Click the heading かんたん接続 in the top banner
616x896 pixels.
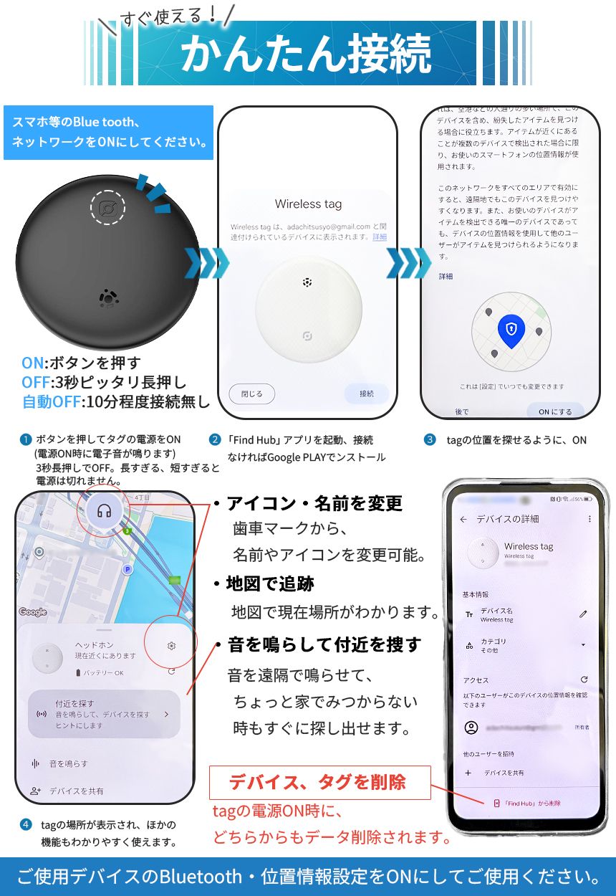coord(307,54)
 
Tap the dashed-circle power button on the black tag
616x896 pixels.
coord(107,209)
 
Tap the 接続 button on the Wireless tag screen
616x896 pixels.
coord(366,394)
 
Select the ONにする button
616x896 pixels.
coord(554,411)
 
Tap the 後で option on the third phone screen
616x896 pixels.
coord(462,411)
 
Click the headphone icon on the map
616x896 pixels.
coord(105,511)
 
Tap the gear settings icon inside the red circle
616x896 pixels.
coord(171,646)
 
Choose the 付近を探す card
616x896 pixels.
coord(103,714)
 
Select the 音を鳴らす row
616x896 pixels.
coord(68,764)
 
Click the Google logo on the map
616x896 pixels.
coord(33,612)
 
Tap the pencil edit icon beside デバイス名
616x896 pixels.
coord(583,614)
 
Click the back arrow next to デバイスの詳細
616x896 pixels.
coord(463,519)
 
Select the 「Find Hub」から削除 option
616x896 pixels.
coord(526,803)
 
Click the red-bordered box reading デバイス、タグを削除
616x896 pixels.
coord(319,782)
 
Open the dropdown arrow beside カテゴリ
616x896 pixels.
coord(583,645)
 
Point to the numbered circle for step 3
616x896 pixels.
coord(430,439)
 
